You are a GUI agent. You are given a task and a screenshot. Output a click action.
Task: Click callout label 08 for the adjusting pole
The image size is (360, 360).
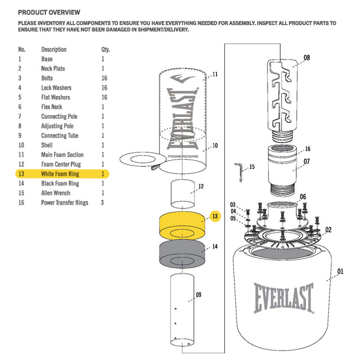[x=307, y=58]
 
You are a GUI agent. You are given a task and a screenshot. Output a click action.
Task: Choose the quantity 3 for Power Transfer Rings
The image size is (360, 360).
[x=103, y=203]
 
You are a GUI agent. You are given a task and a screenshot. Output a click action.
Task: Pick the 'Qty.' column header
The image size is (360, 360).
[x=106, y=49]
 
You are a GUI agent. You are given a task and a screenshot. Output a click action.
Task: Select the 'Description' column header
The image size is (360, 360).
[x=53, y=49]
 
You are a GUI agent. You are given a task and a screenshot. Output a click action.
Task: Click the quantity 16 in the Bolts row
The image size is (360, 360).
[x=104, y=78]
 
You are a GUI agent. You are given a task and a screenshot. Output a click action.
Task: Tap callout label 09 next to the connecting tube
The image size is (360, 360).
[x=198, y=295]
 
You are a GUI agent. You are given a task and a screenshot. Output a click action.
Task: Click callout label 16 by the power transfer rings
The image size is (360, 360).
[x=307, y=149]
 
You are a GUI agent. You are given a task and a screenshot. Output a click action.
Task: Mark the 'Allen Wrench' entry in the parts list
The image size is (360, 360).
[x=55, y=193]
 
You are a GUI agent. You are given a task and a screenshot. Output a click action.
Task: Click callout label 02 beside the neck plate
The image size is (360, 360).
[x=328, y=229]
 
